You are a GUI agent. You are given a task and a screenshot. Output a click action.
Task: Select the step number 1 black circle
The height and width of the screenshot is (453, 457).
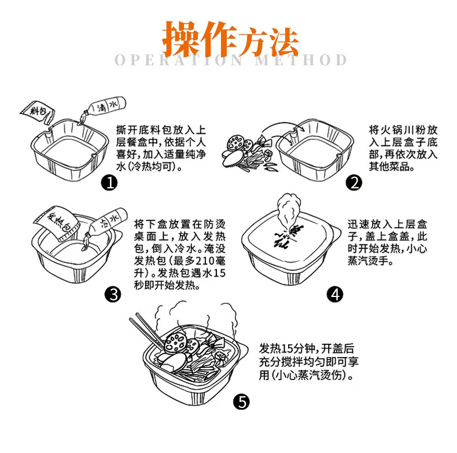pyautogui.click(x=109, y=183)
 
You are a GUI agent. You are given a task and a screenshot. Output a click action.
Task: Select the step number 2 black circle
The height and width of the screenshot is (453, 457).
pyautogui.click(x=353, y=183)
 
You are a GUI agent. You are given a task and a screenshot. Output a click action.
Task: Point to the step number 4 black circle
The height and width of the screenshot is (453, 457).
pyautogui.click(x=335, y=295)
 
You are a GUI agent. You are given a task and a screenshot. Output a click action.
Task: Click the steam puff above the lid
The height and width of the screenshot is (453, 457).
pyautogui.click(x=288, y=208)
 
